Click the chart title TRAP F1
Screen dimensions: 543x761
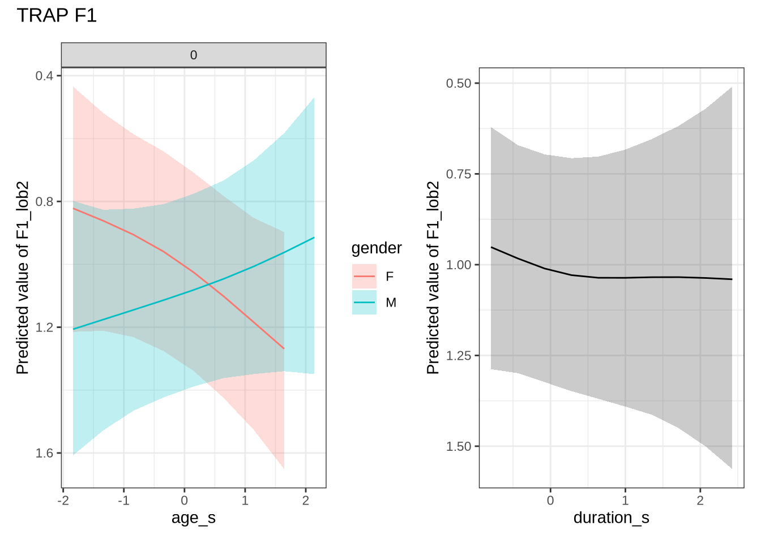[57, 15]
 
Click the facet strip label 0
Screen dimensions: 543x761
[194, 55]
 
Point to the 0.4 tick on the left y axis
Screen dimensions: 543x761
[44, 76]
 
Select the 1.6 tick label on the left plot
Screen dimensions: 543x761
[44, 453]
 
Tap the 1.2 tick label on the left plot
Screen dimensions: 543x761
[44, 327]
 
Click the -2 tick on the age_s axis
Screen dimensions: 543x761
[63, 501]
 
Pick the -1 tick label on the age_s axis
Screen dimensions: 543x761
[123, 501]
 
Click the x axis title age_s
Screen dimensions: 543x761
[194, 518]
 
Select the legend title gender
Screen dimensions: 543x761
[377, 248]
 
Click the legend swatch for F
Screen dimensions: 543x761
[364, 277]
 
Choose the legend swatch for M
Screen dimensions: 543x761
[364, 303]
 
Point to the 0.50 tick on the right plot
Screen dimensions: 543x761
[459, 84]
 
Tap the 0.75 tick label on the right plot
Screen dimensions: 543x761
[459, 174]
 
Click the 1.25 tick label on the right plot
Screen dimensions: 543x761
[459, 356]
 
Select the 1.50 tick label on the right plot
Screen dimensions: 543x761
[459, 447]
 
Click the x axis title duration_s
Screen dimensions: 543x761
[612, 518]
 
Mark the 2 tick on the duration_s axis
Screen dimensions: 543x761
[700, 501]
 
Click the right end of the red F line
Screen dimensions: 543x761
[284, 348]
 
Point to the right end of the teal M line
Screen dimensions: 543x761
[314, 238]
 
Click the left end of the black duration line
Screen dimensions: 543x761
[491, 247]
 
